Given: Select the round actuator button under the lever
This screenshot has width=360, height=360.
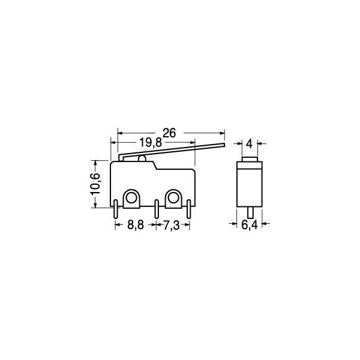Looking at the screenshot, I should point(142,159).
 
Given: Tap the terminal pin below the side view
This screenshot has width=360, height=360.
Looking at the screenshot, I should point(250,213).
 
